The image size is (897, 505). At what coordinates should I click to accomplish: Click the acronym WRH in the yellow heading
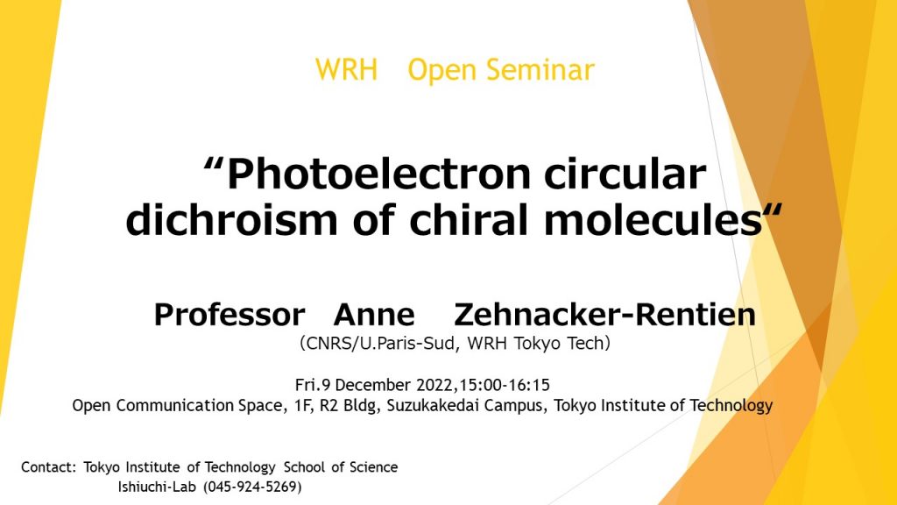coord(346,70)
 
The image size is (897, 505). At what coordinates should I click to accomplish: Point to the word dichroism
coord(231,220)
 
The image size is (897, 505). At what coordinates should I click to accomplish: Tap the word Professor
coord(230,315)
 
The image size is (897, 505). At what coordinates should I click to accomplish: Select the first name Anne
coord(374,315)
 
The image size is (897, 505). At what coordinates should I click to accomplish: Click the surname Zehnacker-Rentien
coord(604,315)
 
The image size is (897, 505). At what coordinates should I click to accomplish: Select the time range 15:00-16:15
coord(505,385)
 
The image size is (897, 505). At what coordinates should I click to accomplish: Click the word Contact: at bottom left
coord(49,467)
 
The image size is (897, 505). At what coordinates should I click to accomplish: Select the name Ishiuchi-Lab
coord(157,487)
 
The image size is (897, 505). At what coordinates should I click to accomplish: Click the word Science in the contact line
coord(373,467)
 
